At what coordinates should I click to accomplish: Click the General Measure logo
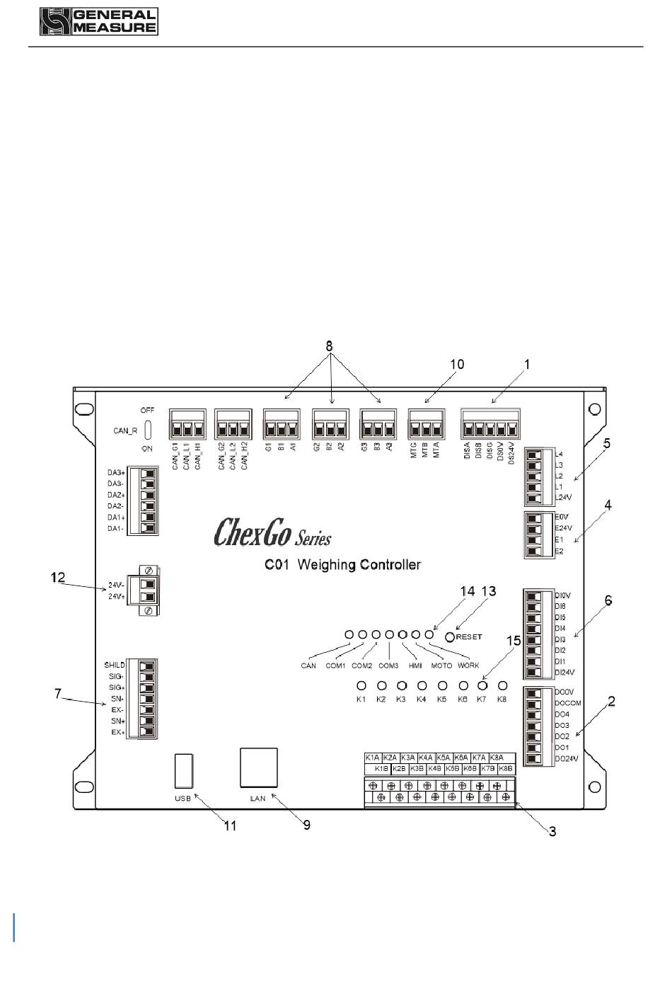pos(98,22)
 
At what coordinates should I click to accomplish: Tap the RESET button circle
pos(450,636)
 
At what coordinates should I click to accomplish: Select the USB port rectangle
pos(183,771)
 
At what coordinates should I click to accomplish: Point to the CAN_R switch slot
pos(148,429)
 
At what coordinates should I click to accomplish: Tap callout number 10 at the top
pos(457,364)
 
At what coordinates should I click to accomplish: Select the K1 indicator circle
pos(361,685)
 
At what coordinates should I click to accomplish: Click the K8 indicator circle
pos(503,685)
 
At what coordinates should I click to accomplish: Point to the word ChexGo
pos(252,532)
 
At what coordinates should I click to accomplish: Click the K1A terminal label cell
pos(373,758)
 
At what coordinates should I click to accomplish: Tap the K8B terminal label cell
pos(506,768)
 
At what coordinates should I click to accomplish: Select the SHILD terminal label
pos(115,665)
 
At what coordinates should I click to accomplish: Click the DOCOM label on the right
pos(568,703)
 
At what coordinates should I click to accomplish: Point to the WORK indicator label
pos(468,666)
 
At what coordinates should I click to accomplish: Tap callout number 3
pos(552,831)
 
